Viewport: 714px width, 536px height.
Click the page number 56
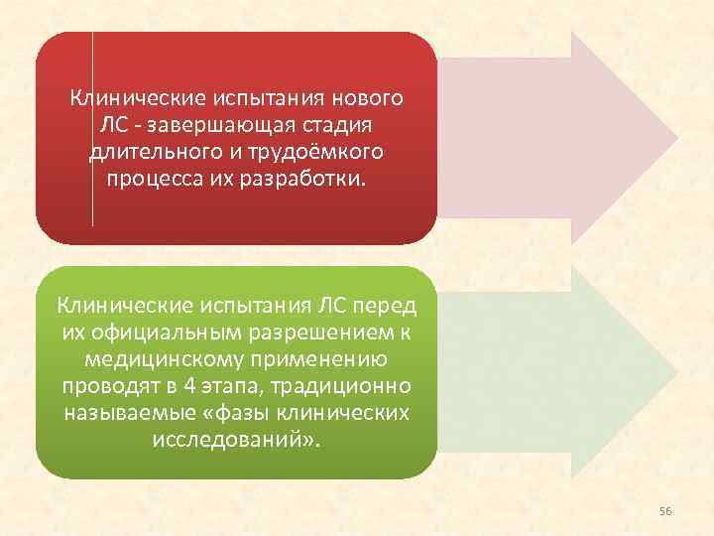[x=665, y=510]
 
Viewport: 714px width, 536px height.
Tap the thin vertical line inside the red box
[x=92, y=129]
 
